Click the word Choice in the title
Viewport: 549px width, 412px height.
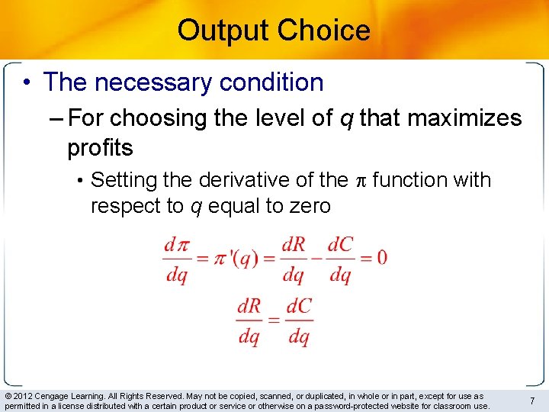[324, 31]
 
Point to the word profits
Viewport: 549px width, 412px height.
[100, 147]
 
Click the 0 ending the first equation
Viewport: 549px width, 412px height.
[381, 258]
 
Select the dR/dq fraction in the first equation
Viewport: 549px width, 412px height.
[294, 259]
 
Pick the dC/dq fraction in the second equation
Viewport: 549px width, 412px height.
[299, 320]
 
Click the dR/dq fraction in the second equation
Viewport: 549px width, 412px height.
[249, 320]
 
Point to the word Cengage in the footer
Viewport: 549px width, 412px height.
[60, 396]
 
